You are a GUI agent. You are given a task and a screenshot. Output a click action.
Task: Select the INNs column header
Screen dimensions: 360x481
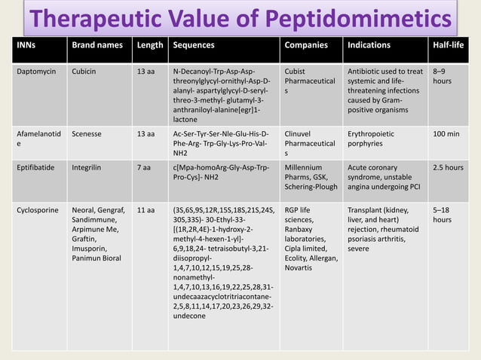tap(28, 45)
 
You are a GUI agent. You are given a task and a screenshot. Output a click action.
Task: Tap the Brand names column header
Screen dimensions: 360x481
tap(97, 45)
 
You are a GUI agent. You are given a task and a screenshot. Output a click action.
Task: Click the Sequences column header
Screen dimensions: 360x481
tap(194, 45)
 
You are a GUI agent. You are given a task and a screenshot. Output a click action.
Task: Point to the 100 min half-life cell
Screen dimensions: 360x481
tap(449, 133)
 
